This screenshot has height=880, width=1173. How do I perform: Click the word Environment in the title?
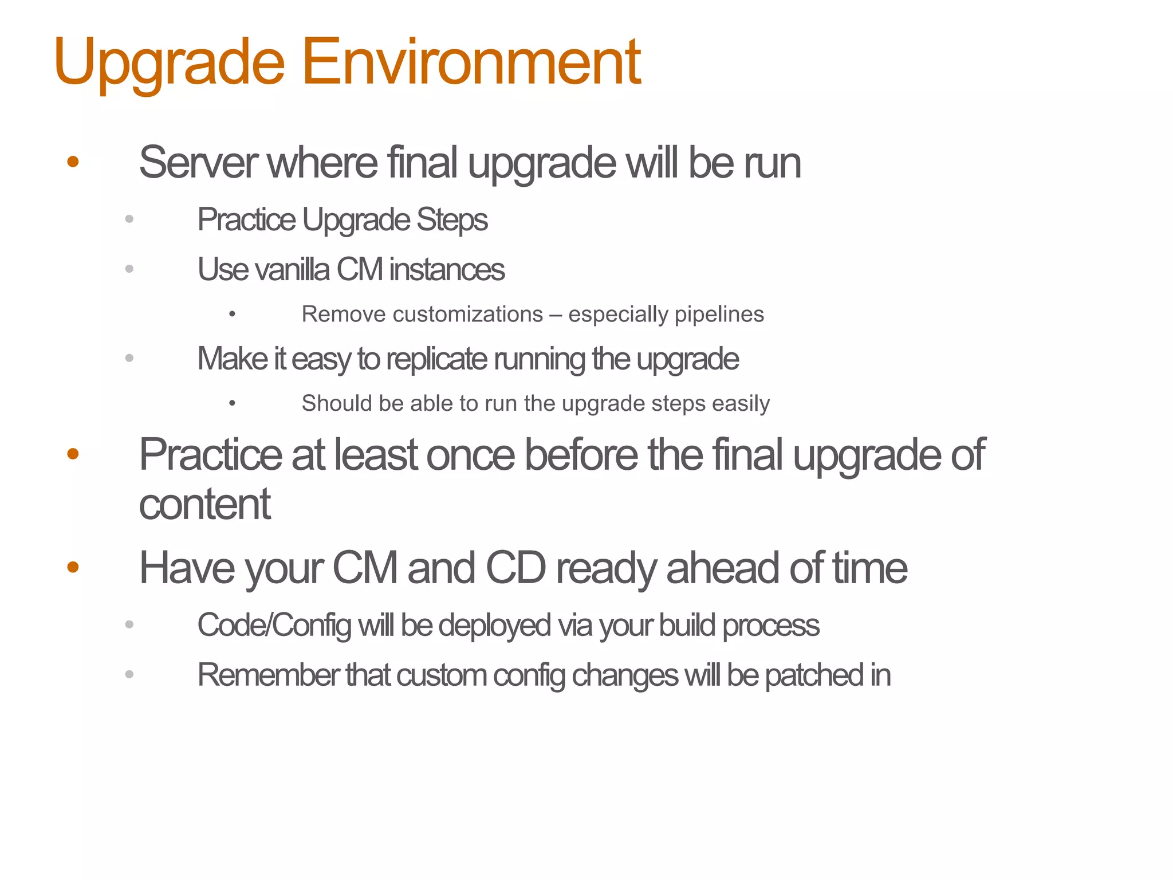[471, 62]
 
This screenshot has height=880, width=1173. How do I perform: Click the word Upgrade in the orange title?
[169, 62]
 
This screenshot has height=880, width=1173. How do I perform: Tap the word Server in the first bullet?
[198, 163]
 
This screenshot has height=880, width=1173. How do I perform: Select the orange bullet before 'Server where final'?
[73, 162]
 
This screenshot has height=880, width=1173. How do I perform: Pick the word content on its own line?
[204, 505]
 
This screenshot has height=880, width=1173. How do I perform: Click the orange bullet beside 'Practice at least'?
[73, 454]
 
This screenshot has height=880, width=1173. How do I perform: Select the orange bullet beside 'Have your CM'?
[73, 567]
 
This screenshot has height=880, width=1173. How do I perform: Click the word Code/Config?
[274, 625]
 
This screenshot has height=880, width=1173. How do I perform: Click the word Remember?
[267, 675]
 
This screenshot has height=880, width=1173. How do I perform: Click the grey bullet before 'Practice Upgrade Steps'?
[129, 219]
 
